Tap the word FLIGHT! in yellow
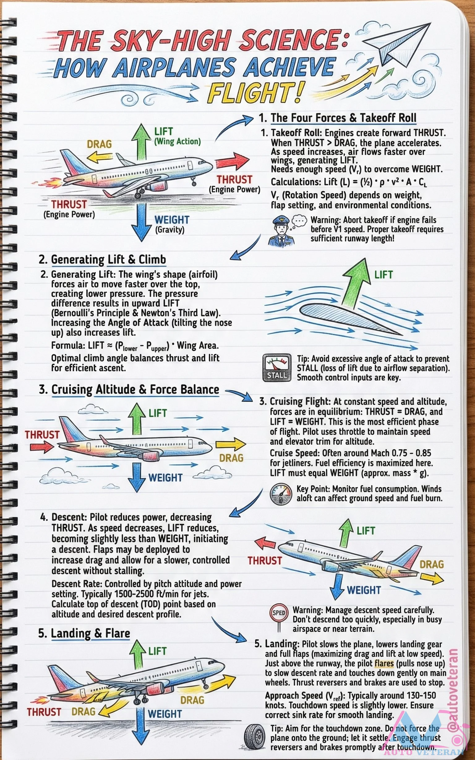tap(256, 93)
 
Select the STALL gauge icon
tap(277, 368)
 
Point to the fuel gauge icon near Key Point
tap(280, 494)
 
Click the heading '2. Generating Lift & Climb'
tap(102, 260)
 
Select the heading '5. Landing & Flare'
tap(84, 633)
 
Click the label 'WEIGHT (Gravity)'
tap(171, 224)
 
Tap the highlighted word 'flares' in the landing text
tap(384, 663)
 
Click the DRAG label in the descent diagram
tap(432, 564)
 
